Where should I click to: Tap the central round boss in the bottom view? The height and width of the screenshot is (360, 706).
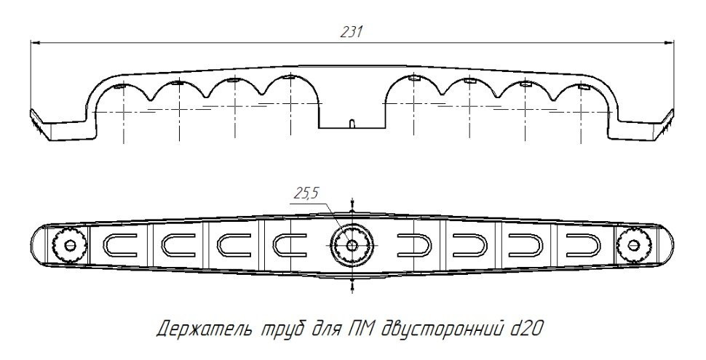coord(352,245)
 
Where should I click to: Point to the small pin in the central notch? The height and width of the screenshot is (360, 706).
coord(351,124)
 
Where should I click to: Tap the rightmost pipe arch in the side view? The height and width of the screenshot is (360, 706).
coord(582,98)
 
